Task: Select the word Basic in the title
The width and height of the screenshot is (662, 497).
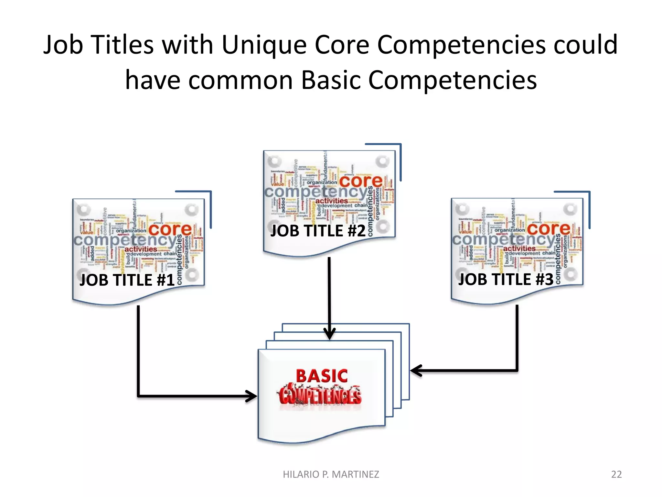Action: coord(331,80)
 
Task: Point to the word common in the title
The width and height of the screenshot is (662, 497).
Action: coord(240,81)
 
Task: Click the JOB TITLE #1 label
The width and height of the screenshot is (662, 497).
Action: coord(127,280)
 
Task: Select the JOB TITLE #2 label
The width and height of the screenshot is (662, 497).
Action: coord(318,231)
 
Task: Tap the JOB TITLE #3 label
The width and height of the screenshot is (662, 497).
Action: coord(506,279)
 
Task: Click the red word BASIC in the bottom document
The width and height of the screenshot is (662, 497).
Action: coord(322,376)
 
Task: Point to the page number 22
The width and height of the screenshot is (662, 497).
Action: coord(616,474)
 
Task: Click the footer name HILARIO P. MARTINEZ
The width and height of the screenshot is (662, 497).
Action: coord(331,474)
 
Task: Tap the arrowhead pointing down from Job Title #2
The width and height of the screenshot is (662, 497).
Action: coord(329,334)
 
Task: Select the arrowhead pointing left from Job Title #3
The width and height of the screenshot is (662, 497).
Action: coord(416,370)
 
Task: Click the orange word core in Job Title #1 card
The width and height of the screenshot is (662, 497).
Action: coord(170,229)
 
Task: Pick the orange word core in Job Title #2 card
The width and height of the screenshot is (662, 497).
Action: coord(361,181)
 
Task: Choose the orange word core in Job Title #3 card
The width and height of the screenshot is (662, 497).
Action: coord(549,229)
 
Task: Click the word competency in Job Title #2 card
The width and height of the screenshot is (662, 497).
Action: coord(316,192)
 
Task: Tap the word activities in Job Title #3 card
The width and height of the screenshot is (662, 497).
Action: coord(519,248)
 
